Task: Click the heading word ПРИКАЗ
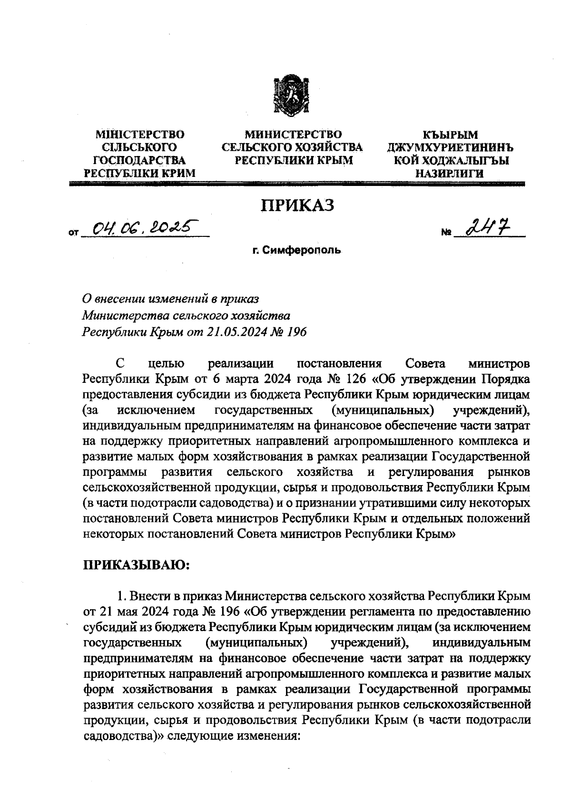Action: point(296,206)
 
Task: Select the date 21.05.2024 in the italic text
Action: point(240,331)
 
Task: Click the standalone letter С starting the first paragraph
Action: point(121,364)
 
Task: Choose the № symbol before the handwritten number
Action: point(446,234)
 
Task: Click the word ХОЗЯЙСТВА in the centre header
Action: point(327,147)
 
